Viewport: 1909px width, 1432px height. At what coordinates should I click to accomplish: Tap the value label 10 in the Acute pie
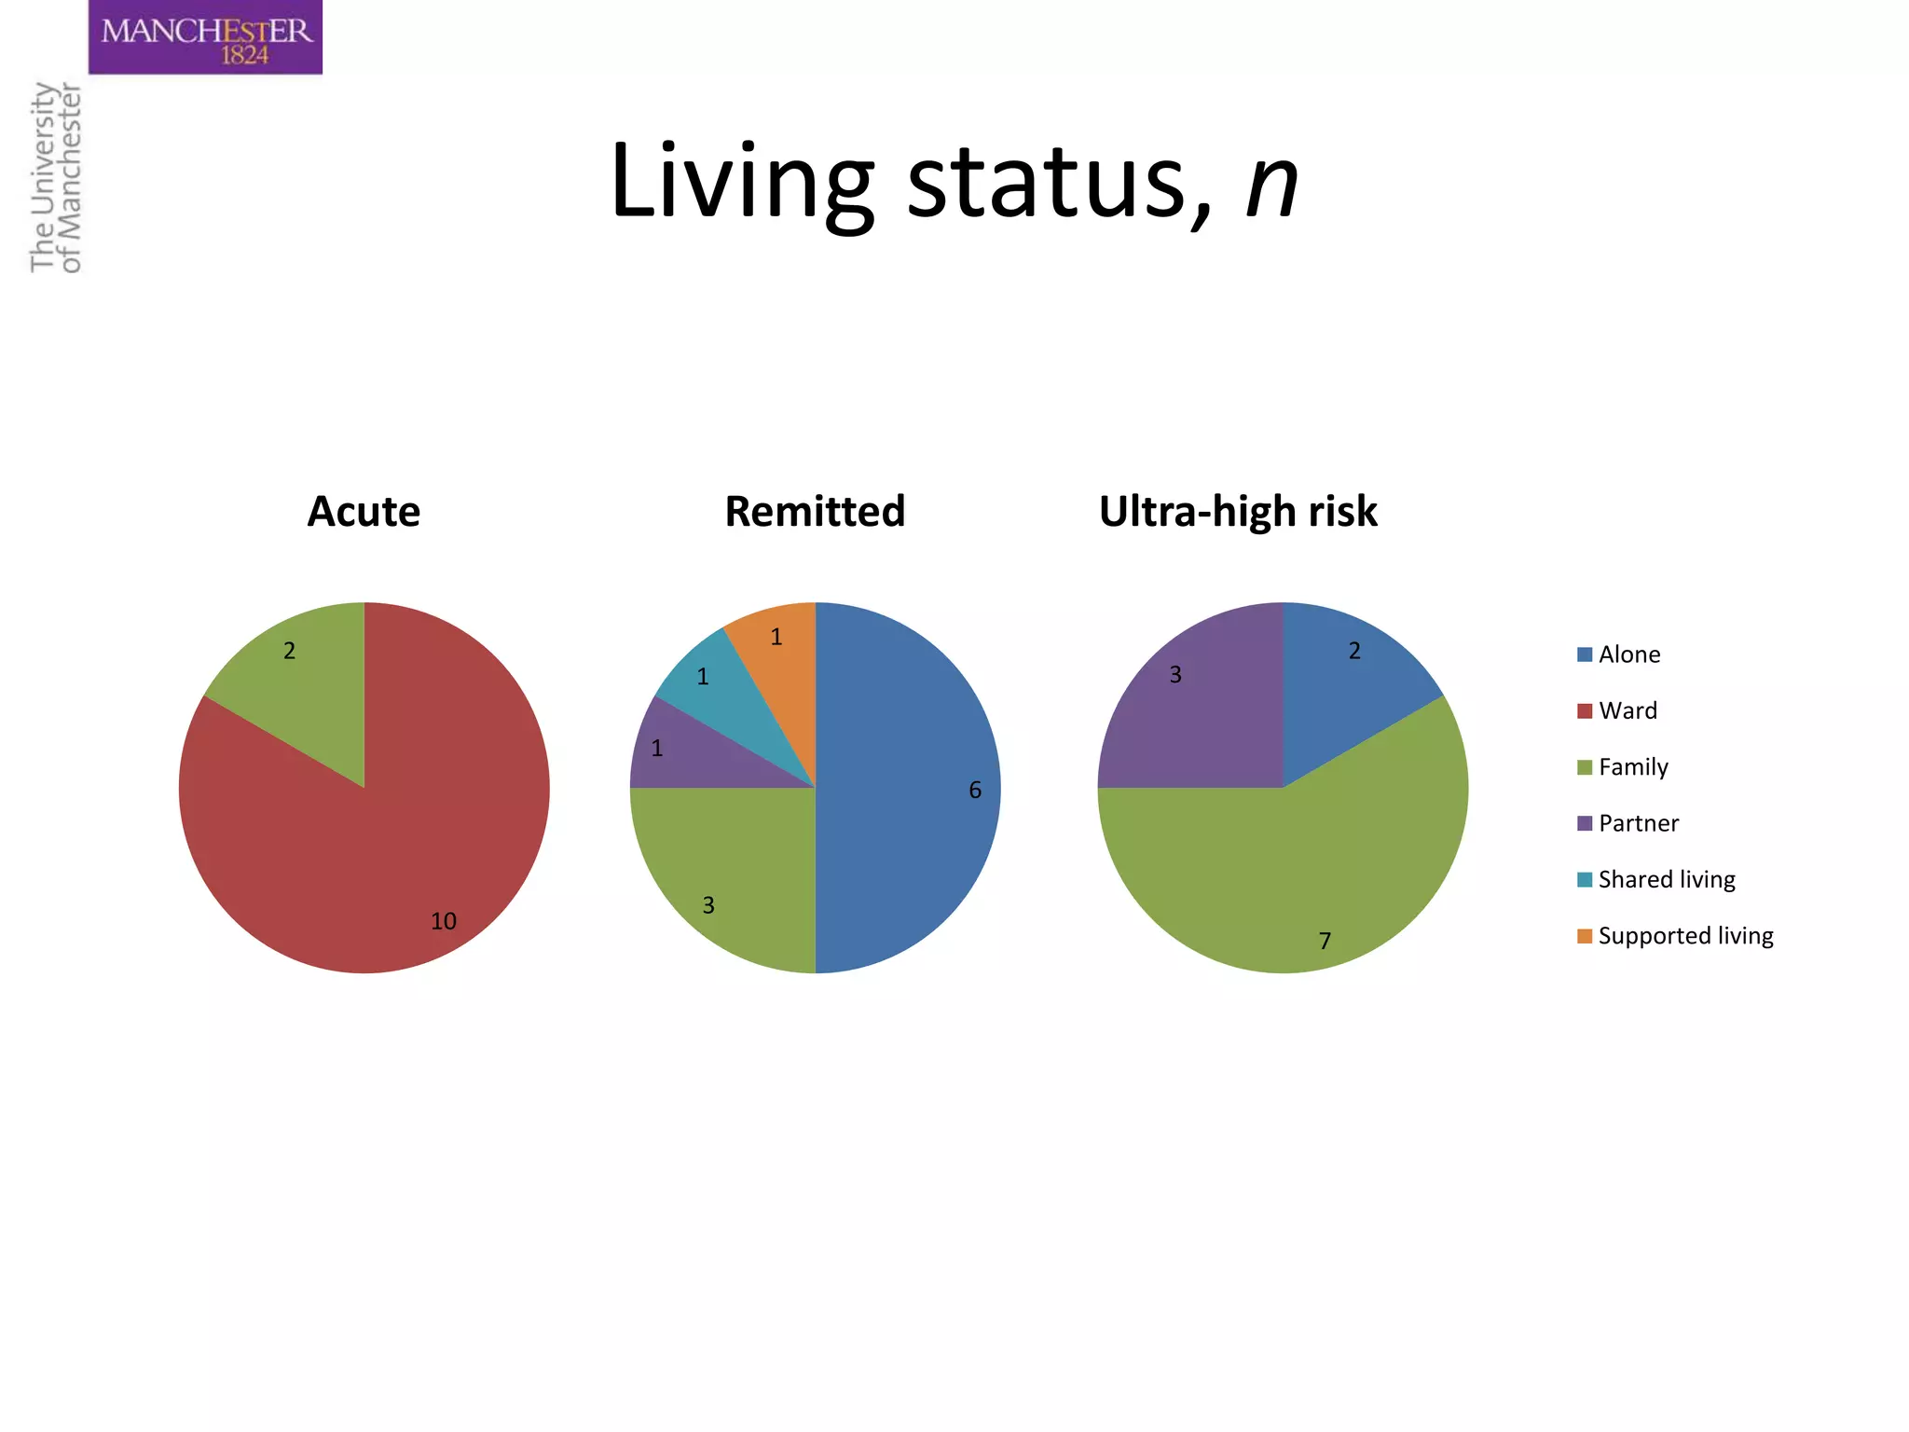coord(443,921)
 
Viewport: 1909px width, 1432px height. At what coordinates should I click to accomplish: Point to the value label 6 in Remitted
coord(975,791)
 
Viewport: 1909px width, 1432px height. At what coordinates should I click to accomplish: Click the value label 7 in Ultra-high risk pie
coord(1325,941)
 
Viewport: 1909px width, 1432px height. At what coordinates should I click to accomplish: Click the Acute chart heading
coord(364,511)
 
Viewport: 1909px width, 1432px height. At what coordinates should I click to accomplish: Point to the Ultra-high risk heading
coord(1238,511)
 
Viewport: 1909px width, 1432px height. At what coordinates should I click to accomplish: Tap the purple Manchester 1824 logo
coord(205,37)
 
